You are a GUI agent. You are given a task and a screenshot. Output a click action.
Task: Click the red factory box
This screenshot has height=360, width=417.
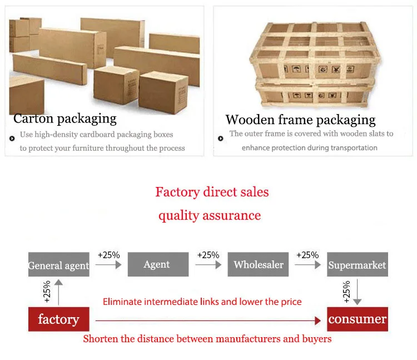pos(58,319)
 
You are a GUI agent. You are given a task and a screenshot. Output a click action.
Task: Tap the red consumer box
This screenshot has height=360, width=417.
pos(357,319)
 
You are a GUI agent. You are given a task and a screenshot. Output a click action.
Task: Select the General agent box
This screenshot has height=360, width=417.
pos(58,265)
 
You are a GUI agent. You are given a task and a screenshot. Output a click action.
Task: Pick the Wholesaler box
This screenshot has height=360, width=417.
pos(257,264)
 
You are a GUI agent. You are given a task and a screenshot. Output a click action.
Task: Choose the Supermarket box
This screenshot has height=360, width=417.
pos(357,265)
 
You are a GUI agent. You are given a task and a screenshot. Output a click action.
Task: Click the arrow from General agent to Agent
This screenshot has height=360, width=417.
pos(108,265)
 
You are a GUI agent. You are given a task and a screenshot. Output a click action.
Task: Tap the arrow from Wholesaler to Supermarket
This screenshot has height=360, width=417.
pos(307,265)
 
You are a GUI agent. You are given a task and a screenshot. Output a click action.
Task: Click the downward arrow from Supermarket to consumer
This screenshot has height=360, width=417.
pos(358,292)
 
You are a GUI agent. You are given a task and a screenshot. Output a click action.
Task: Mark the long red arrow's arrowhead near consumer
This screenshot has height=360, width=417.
pos(317,320)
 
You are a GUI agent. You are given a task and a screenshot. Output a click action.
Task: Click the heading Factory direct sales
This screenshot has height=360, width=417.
pos(212,193)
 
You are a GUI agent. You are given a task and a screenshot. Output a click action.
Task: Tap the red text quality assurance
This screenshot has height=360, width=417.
pos(210,215)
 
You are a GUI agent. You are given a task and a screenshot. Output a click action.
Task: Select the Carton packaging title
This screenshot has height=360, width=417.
pos(64,119)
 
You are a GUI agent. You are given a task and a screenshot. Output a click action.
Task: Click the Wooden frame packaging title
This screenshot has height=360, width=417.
pos(300,120)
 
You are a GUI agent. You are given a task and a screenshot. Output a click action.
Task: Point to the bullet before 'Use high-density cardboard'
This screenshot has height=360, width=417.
pos(12,139)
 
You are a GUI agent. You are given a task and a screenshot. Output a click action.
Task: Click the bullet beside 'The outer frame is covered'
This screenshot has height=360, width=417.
pos(221,138)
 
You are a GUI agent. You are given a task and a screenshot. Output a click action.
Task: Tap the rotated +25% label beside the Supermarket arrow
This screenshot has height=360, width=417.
pos(346,292)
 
